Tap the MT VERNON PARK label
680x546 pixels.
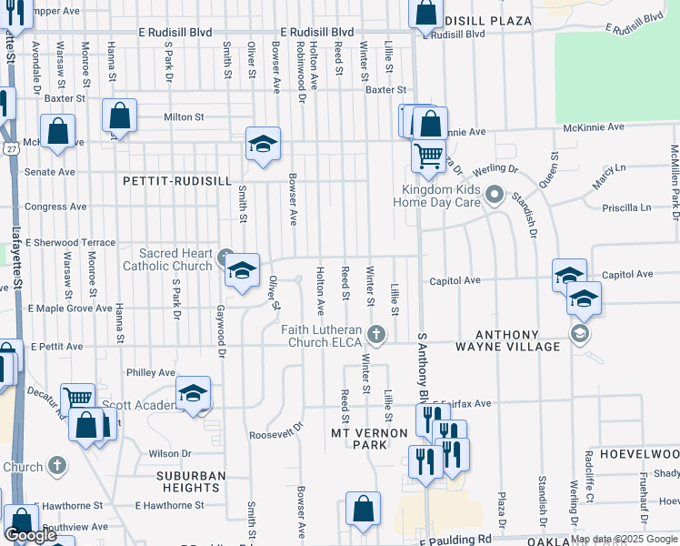(x=370, y=440)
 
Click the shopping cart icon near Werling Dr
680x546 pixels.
(x=428, y=154)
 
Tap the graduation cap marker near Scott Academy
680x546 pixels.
(x=193, y=394)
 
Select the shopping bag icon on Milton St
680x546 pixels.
(x=119, y=116)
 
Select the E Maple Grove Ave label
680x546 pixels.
(x=69, y=309)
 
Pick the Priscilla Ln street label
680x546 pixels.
(x=628, y=207)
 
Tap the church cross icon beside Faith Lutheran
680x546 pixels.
(x=379, y=335)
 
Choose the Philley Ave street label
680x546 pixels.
(x=151, y=373)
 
